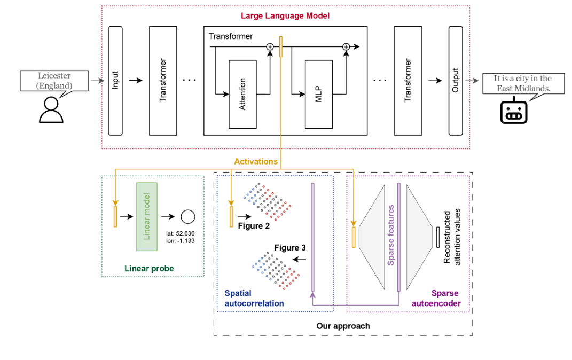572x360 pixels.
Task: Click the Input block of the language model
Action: coord(115,81)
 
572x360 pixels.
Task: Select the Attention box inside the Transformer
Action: coord(242,94)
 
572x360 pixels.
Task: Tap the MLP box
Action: coord(318,94)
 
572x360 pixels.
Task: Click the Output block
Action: coord(456,81)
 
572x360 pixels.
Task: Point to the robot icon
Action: coord(514,111)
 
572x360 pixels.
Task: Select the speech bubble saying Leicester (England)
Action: coord(54,81)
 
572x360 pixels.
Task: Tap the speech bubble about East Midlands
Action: coord(523,83)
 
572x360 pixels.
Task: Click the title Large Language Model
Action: coord(285,15)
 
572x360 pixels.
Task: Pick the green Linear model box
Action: coord(147,217)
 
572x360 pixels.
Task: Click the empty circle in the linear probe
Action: coord(187,217)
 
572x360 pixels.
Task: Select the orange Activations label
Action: coord(256,161)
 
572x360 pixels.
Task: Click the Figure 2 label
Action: coord(254,226)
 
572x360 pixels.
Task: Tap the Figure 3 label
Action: coord(290,248)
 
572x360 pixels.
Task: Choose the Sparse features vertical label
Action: coord(390,234)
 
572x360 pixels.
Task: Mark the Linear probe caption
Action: coord(149,268)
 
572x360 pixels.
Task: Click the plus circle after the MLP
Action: coord(346,47)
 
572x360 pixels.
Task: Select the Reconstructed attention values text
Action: coord(452,236)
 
